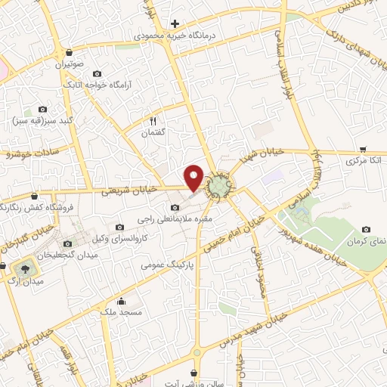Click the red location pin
click(194, 177)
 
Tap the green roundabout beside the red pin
click(219, 185)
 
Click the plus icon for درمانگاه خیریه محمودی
click(175, 24)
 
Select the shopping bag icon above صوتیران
click(70, 54)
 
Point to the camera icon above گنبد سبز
click(42, 109)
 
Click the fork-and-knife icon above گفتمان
click(153, 120)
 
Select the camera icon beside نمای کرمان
click(366, 229)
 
